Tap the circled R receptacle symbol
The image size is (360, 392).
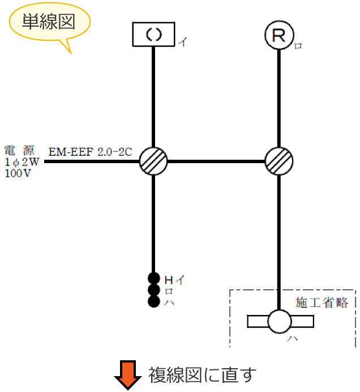(x=279, y=36)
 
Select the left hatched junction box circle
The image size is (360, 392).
(x=153, y=161)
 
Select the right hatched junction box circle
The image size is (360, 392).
(x=279, y=161)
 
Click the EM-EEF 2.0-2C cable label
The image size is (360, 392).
(x=90, y=152)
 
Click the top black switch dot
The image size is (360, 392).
(x=153, y=278)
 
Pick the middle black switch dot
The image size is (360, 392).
(x=153, y=290)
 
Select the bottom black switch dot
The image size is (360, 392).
(x=153, y=301)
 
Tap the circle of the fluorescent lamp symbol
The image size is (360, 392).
(x=279, y=322)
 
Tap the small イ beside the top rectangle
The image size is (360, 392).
(x=182, y=41)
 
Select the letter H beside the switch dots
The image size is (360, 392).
(x=168, y=279)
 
